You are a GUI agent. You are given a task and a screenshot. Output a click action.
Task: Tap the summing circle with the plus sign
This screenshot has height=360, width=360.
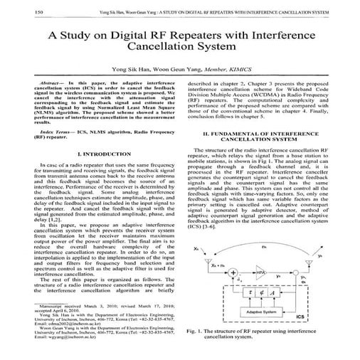(x=233, y=272)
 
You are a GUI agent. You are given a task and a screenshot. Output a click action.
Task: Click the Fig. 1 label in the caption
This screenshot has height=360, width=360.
(x=197, y=332)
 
